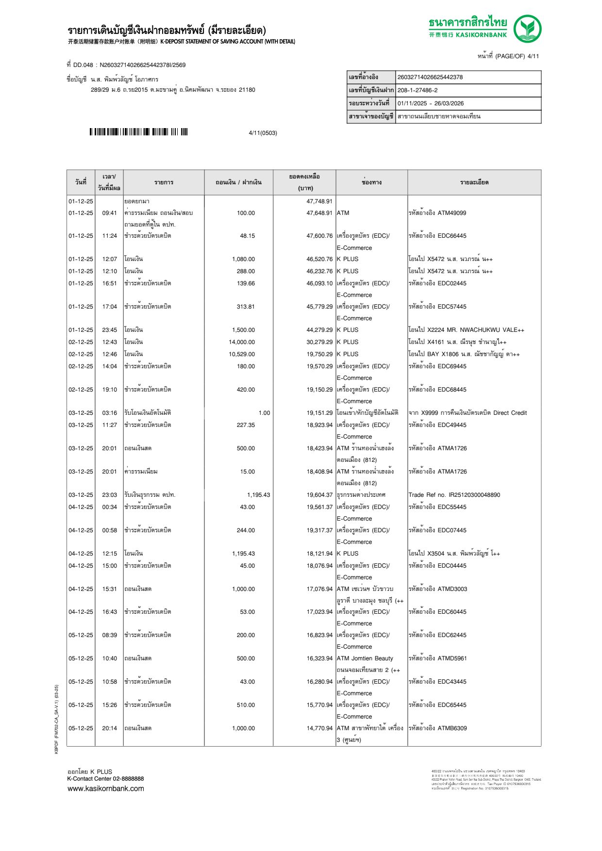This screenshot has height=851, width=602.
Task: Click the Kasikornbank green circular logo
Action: pyautogui.click(x=527, y=29)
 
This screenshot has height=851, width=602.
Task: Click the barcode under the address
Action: pyautogui.click(x=138, y=132)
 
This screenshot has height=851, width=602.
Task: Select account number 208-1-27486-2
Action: pyautogui.click(x=417, y=90)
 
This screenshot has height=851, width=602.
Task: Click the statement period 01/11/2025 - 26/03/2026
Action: pyautogui.click(x=430, y=103)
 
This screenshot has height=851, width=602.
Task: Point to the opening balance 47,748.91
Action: pyautogui.click(x=319, y=201)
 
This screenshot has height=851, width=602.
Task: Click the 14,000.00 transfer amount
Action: pyautogui.click(x=241, y=342)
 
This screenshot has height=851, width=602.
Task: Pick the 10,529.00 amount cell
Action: pyautogui.click(x=241, y=354)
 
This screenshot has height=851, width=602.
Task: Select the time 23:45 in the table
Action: pyautogui.click(x=109, y=330)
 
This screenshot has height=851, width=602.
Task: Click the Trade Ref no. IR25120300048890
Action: pyautogui.click(x=454, y=495)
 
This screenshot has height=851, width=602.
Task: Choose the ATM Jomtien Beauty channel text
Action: pyautogui.click(x=365, y=658)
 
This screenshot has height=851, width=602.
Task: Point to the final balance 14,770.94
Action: pyautogui.click(x=319, y=728)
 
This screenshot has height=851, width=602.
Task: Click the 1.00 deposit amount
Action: pyautogui.click(x=264, y=413)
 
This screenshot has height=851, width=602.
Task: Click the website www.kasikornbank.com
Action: pyautogui.click(x=105, y=788)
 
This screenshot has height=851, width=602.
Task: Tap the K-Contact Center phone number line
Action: pyautogui.click(x=105, y=779)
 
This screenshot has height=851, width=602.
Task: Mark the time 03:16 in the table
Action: pyautogui.click(x=109, y=413)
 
